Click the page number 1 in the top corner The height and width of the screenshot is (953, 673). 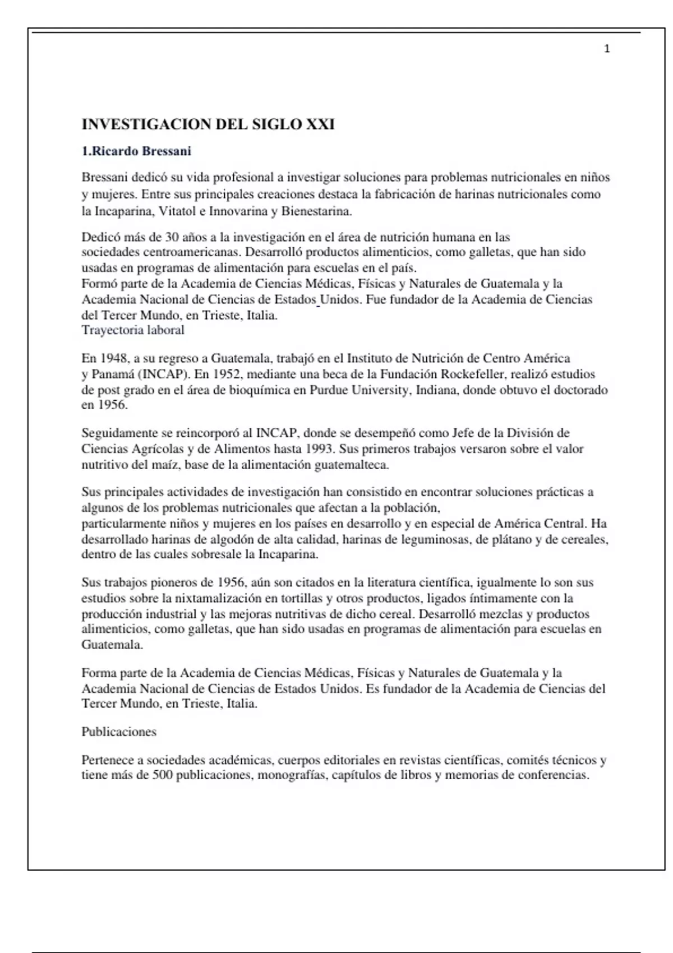[607, 49]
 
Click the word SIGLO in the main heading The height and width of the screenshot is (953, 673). [276, 124]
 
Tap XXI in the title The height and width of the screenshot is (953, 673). [320, 124]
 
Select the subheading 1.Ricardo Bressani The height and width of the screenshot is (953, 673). [136, 151]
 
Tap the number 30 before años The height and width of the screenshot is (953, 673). [172, 237]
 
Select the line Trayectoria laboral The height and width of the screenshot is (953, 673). [133, 330]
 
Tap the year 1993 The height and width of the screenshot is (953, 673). [320, 449]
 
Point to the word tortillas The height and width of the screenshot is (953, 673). [305, 599]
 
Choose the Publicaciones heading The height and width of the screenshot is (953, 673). [119, 732]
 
